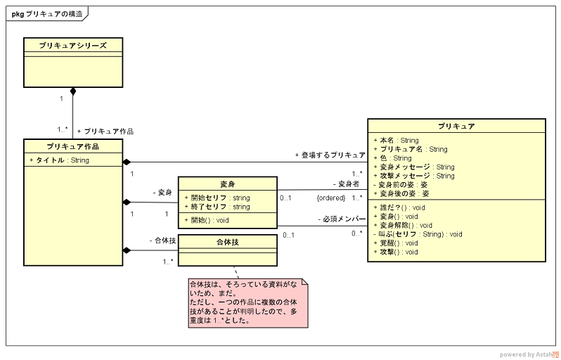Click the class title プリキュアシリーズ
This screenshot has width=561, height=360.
(73, 45)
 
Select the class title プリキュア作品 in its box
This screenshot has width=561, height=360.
(73, 146)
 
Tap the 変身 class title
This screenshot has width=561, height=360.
(228, 184)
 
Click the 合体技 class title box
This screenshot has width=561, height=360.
(228, 242)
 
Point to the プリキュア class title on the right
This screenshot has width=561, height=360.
(456, 126)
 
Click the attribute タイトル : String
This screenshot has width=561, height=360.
(60, 160)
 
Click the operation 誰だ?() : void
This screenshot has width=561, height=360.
(399, 207)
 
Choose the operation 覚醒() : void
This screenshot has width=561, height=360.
(399, 243)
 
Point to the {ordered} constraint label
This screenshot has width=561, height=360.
(330, 198)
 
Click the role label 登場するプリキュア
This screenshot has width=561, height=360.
(330, 155)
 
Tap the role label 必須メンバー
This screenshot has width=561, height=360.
(340, 219)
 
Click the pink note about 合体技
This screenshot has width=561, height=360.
(247, 302)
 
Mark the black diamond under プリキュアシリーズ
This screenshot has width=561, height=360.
(73, 92)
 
